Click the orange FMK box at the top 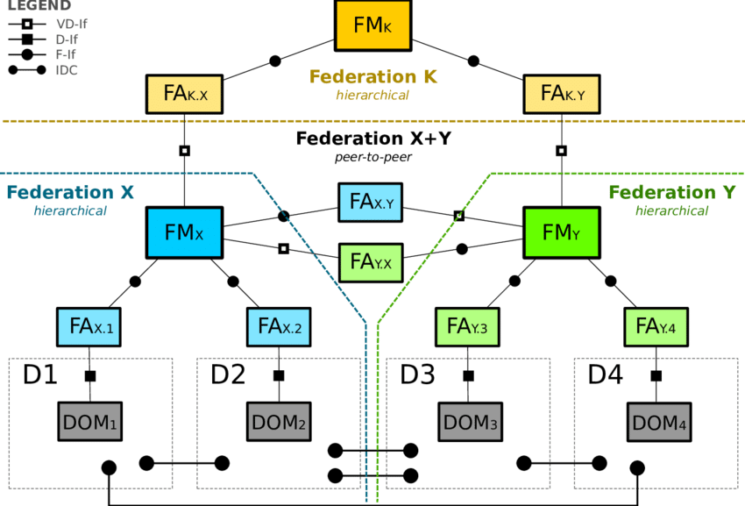[372, 25]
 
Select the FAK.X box [185, 93]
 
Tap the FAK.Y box [562, 93]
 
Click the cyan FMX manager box [184, 233]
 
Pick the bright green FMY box [561, 233]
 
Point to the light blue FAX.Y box [372, 203]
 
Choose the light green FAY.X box [372, 261]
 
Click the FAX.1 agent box [92, 327]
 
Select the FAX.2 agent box [280, 327]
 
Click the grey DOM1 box [89, 423]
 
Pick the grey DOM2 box [279, 423]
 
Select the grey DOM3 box [471, 423]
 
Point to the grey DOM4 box [659, 423]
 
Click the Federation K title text [372, 77]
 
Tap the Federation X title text [70, 193]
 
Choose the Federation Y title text [672, 193]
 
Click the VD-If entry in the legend [70, 25]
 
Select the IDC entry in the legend [67, 70]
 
